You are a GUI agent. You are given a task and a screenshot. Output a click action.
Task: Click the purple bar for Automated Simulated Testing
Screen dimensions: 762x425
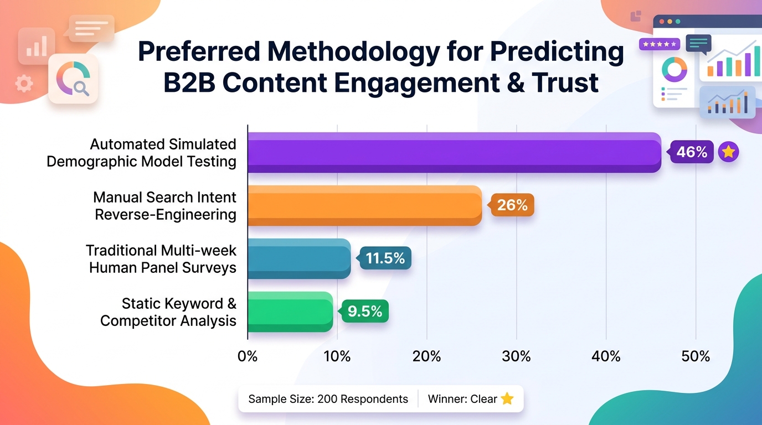pyautogui.click(x=455, y=152)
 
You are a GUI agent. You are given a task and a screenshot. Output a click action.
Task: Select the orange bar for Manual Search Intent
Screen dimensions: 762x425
pyautogui.click(x=365, y=205)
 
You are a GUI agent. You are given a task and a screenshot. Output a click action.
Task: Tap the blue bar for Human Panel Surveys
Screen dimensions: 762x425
pyautogui.click(x=300, y=259)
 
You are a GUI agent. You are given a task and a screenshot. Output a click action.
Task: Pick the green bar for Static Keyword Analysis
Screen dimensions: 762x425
pyautogui.click(x=291, y=312)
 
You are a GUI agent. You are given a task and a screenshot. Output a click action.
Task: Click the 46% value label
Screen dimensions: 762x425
pyautogui.click(x=692, y=152)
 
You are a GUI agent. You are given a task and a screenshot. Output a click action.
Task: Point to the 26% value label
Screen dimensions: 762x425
pyautogui.click(x=512, y=205)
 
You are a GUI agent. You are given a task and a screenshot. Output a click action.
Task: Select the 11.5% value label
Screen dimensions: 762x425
pyautogui.click(x=385, y=258)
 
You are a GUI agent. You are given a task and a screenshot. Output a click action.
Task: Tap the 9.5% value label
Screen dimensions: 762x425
pyautogui.click(x=365, y=311)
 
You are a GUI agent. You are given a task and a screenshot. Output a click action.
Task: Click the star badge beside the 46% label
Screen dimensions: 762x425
pyautogui.click(x=728, y=152)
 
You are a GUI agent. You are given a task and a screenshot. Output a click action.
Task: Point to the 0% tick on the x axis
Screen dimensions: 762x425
pyautogui.click(x=248, y=356)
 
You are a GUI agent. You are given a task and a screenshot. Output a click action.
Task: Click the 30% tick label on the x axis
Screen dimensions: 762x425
pyautogui.click(x=516, y=356)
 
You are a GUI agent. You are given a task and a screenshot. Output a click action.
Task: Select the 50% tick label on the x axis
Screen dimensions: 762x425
pyautogui.click(x=696, y=356)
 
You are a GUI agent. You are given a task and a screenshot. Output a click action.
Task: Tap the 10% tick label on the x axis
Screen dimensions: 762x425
pyautogui.click(x=337, y=356)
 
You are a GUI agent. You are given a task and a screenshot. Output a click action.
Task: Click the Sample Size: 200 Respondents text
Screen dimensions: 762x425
pyautogui.click(x=328, y=399)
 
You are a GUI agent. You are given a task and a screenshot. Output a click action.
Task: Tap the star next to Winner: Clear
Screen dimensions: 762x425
pyautogui.click(x=507, y=398)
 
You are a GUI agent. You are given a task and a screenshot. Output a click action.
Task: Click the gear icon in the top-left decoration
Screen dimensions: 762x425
pyautogui.click(x=24, y=84)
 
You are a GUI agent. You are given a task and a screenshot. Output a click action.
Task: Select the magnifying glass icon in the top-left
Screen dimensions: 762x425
pyautogui.click(x=81, y=89)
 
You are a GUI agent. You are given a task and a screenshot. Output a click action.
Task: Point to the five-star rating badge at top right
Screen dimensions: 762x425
pyautogui.click(x=659, y=44)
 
